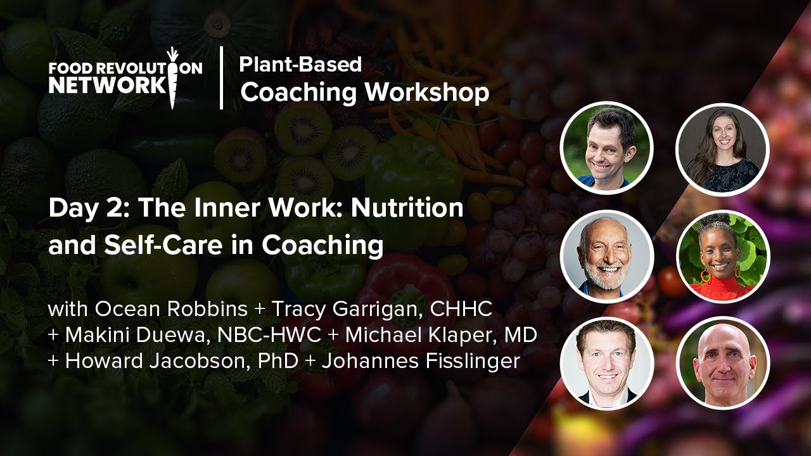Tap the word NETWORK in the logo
click(106, 85)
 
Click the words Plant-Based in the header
click(300, 64)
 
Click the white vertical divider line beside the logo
click(222, 77)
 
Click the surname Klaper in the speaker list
click(468, 336)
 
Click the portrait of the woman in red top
click(722, 256)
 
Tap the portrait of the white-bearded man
click(606, 256)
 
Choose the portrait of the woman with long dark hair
click(722, 149)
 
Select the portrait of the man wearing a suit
click(606, 363)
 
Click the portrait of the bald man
click(722, 363)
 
